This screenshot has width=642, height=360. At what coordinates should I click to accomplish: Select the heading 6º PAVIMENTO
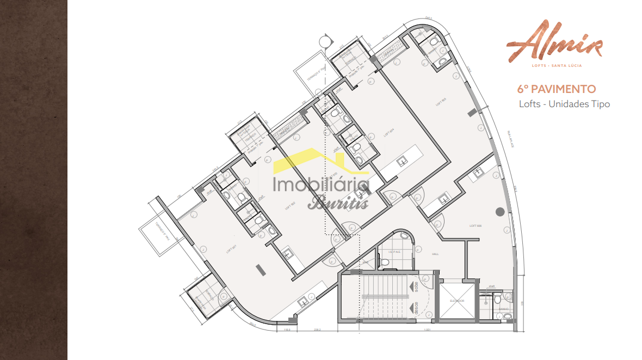click(x=556, y=89)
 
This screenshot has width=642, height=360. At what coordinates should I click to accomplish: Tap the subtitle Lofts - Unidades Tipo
click(x=564, y=104)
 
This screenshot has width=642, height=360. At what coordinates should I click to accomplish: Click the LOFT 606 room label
click(x=476, y=225)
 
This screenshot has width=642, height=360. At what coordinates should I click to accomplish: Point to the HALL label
click(x=435, y=254)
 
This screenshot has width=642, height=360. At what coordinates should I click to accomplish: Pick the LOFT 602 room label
click(x=289, y=207)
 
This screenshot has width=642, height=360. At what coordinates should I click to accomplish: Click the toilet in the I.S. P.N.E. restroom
click(x=385, y=262)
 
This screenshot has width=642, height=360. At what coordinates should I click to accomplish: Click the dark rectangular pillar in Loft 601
click(x=260, y=269)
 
